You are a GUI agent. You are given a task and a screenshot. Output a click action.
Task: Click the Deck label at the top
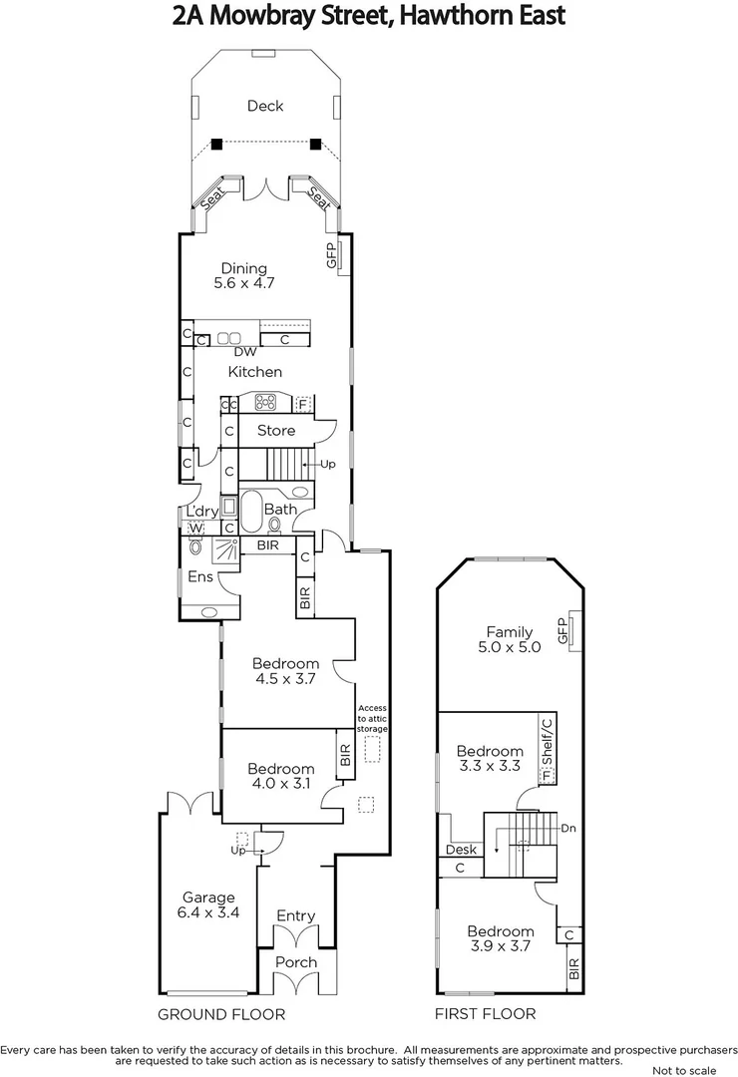[x=265, y=106]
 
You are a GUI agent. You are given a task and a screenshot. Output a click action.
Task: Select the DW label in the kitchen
[x=244, y=352]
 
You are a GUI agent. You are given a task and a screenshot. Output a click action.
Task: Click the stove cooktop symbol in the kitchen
[x=266, y=403]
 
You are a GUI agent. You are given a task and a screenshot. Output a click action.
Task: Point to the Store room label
[x=276, y=431]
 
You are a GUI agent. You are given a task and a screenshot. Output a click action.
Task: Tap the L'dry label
[x=202, y=512]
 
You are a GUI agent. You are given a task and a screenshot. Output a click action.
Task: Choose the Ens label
[x=199, y=577]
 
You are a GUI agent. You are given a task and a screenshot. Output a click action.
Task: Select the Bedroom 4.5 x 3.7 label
[x=285, y=671]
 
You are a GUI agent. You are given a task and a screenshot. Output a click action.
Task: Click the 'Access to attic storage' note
[x=372, y=718]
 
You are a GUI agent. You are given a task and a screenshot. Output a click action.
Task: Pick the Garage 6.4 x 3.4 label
[x=208, y=904]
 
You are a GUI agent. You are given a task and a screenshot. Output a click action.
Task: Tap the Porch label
[x=295, y=962]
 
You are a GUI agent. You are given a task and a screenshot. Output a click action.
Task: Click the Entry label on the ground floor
[x=295, y=915]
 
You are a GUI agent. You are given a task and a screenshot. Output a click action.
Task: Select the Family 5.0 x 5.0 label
[x=509, y=639]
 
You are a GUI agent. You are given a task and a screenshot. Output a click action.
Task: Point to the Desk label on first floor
[x=462, y=850]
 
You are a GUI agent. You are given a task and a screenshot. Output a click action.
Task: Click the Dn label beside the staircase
[x=568, y=828]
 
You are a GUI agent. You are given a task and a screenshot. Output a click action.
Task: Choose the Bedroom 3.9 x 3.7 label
[x=501, y=939]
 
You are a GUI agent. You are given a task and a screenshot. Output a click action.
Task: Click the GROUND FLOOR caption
[x=221, y=1014]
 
